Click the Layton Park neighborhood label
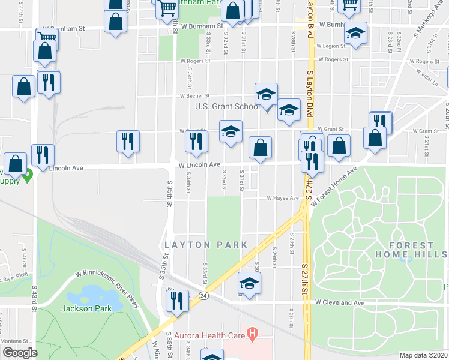[206, 245]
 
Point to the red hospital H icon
[253, 331]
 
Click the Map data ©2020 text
[423, 355]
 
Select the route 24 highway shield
[204, 296]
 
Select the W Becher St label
[195, 96]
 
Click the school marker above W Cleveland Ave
[249, 283]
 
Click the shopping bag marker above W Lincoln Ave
[260, 148]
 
